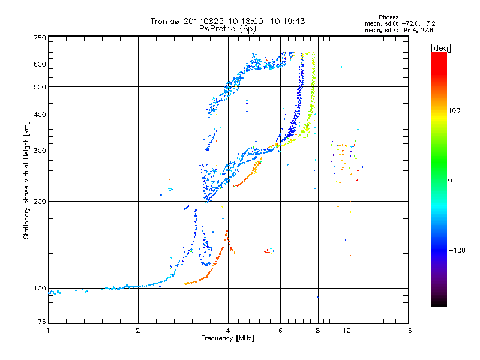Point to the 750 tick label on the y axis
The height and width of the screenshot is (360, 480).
coord(40,38)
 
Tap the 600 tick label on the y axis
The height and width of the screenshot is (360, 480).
coord(40,64)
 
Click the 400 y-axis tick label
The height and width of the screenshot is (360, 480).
coord(40,115)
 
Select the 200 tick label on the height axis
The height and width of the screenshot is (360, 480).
coord(40,202)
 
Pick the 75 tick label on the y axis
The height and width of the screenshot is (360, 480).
coord(42,322)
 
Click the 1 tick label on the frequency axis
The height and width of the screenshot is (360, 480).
coord(48,331)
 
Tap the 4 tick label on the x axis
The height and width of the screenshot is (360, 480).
coord(228,331)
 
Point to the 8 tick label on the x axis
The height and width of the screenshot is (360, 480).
coord(318,331)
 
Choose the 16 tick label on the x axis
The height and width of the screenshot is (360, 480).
coord(408,331)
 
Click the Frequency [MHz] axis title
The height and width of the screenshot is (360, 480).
coord(227,338)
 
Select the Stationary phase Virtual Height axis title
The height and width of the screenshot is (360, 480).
coord(26,180)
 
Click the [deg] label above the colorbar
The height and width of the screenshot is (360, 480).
coord(440,48)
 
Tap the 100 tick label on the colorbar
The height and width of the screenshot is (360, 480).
coord(454,110)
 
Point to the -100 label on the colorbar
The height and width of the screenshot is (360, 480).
coord(457,250)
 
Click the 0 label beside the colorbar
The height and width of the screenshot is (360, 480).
coord(450,181)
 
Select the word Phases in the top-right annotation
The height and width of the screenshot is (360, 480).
coord(388,17)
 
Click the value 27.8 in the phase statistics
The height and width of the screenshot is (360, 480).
coord(427,31)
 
